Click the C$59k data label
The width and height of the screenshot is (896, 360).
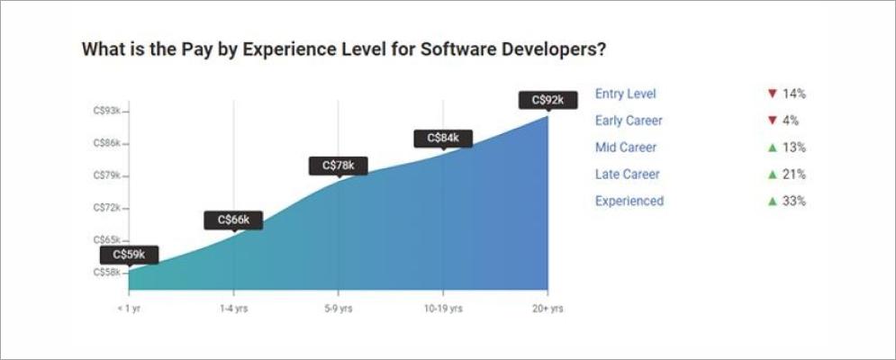[x=131, y=255]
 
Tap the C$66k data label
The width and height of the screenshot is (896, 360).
[x=233, y=220]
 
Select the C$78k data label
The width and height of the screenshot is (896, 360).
[x=339, y=166]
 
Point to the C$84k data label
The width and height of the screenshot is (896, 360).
[x=443, y=138]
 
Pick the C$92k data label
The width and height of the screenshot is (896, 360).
[x=548, y=100]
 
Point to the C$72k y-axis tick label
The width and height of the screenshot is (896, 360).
[x=107, y=208]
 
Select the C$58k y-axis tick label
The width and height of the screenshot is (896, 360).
[x=107, y=272]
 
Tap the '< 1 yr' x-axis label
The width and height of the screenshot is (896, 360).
[x=129, y=309]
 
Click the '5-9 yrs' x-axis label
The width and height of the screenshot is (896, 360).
[x=339, y=309]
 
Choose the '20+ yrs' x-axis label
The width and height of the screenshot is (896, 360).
[x=547, y=309]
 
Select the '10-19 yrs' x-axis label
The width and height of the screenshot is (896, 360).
[x=443, y=309]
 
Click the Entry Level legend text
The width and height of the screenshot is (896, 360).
[x=626, y=94]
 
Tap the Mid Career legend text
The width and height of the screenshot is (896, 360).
[x=626, y=148]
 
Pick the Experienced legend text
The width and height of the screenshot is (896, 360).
[x=629, y=201]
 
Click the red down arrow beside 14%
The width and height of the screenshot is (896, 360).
[x=772, y=94]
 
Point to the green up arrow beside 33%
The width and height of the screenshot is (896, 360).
[x=772, y=202]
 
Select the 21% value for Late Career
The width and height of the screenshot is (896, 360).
[x=793, y=175]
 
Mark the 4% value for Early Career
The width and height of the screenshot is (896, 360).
[x=791, y=121]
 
